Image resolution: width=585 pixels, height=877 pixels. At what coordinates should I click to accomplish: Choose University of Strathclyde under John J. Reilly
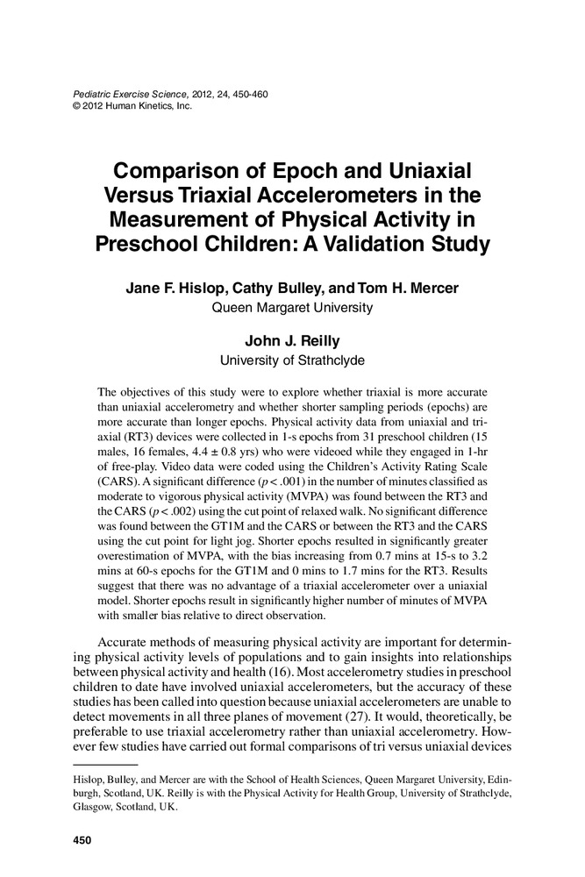pos(292,360)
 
